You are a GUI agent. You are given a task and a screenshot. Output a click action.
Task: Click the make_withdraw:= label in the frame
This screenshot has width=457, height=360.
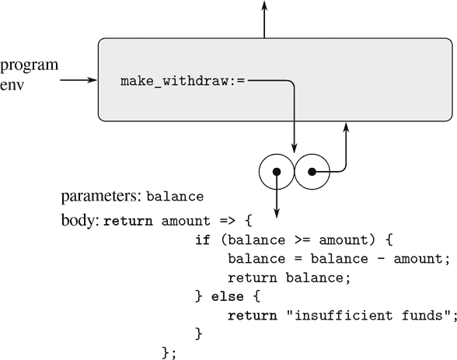pyautogui.click(x=183, y=81)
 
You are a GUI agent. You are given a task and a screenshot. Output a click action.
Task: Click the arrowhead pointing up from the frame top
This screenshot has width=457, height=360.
pyautogui.click(x=264, y=6)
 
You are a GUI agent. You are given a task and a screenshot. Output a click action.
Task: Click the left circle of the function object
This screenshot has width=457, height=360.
pyautogui.click(x=276, y=170)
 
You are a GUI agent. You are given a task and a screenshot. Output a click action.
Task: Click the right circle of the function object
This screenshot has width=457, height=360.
pyautogui.click(x=312, y=170)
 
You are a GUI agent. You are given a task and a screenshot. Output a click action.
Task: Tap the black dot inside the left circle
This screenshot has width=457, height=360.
pyautogui.click(x=276, y=171)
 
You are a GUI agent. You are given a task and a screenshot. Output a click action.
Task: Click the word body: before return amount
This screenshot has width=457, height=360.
pyautogui.click(x=80, y=220)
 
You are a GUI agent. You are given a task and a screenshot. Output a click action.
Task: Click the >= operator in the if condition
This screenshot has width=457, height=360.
pyautogui.click(x=294, y=239)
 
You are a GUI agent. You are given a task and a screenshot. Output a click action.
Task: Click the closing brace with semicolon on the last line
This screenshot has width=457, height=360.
pyautogui.click(x=169, y=353)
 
